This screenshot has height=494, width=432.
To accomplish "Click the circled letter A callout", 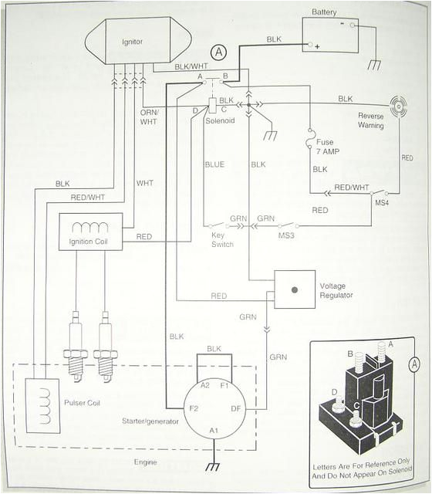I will (x=220, y=52).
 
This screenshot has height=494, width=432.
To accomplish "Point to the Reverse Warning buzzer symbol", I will (x=399, y=106).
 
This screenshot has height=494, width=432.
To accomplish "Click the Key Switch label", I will (x=222, y=239).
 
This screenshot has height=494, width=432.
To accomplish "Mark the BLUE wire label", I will (x=214, y=164).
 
